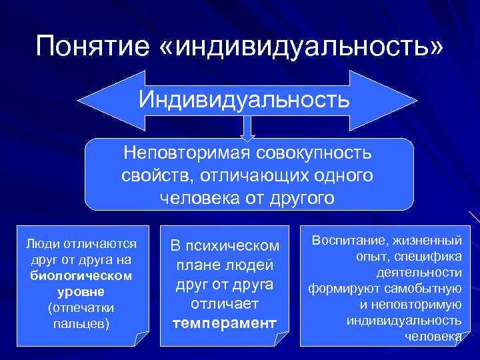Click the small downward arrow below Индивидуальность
tap(248, 130)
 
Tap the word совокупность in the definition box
tap(313, 153)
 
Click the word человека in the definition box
tap(199, 197)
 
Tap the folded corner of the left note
tap(142, 339)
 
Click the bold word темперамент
tap(224, 323)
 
